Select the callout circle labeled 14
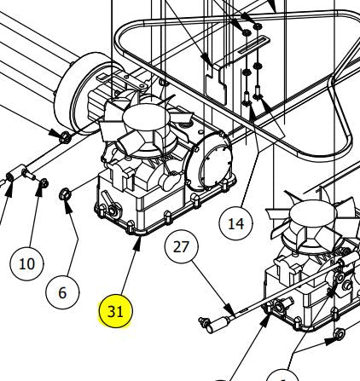[x=237, y=224]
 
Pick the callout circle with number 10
[x=26, y=263]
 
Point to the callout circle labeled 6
[x=61, y=292]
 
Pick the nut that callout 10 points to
[x=42, y=184]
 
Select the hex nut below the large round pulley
[x=61, y=136]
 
